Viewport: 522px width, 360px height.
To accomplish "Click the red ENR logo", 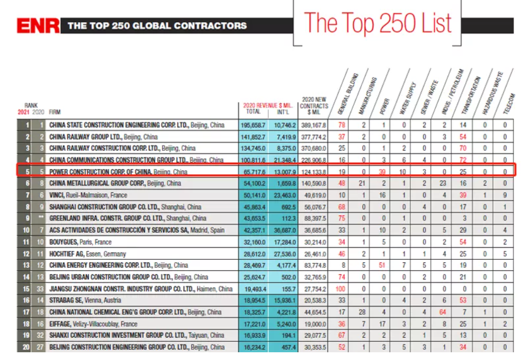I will coord(38,26).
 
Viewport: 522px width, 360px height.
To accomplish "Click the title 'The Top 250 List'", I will coord(377,23).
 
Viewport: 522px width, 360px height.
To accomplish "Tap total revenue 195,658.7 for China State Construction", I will coord(252,126).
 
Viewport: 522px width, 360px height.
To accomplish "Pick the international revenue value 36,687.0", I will coord(284,230).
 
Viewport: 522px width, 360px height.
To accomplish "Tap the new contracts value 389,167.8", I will coord(313,126).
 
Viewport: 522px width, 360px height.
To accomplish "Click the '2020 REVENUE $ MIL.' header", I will coord(267,105).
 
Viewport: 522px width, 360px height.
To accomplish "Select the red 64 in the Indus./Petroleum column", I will coord(443,312).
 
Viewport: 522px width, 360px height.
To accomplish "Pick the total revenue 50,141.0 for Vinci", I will coord(252,195).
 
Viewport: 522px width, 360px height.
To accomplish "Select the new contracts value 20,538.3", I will coord(313,301).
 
